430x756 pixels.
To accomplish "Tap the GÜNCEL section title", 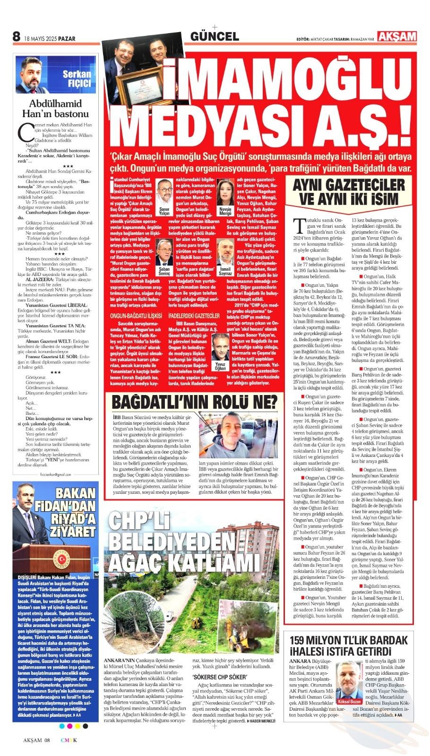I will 214,36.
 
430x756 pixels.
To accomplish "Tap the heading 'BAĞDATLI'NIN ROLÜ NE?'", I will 194,402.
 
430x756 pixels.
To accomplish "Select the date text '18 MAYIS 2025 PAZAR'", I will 50,39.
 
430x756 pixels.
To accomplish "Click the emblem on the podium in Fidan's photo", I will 62,559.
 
